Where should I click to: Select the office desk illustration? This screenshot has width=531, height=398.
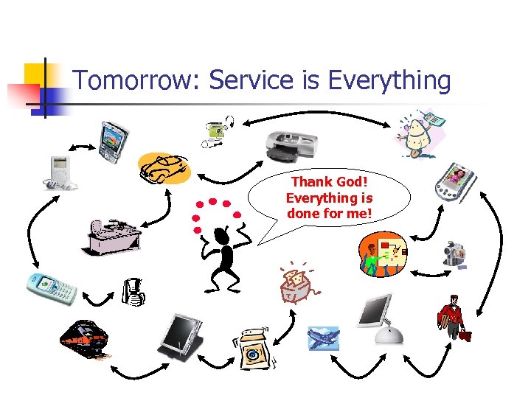pyautogui.click(x=112, y=236)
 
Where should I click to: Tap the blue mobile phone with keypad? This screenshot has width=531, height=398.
pyautogui.click(x=52, y=288)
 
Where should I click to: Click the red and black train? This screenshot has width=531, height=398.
pyautogui.click(x=85, y=340)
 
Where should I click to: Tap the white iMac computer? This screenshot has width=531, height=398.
pyautogui.click(x=379, y=318)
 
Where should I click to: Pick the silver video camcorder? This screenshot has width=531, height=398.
pyautogui.click(x=454, y=253)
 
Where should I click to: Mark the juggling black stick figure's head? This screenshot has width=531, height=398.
pyautogui.click(x=221, y=235)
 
